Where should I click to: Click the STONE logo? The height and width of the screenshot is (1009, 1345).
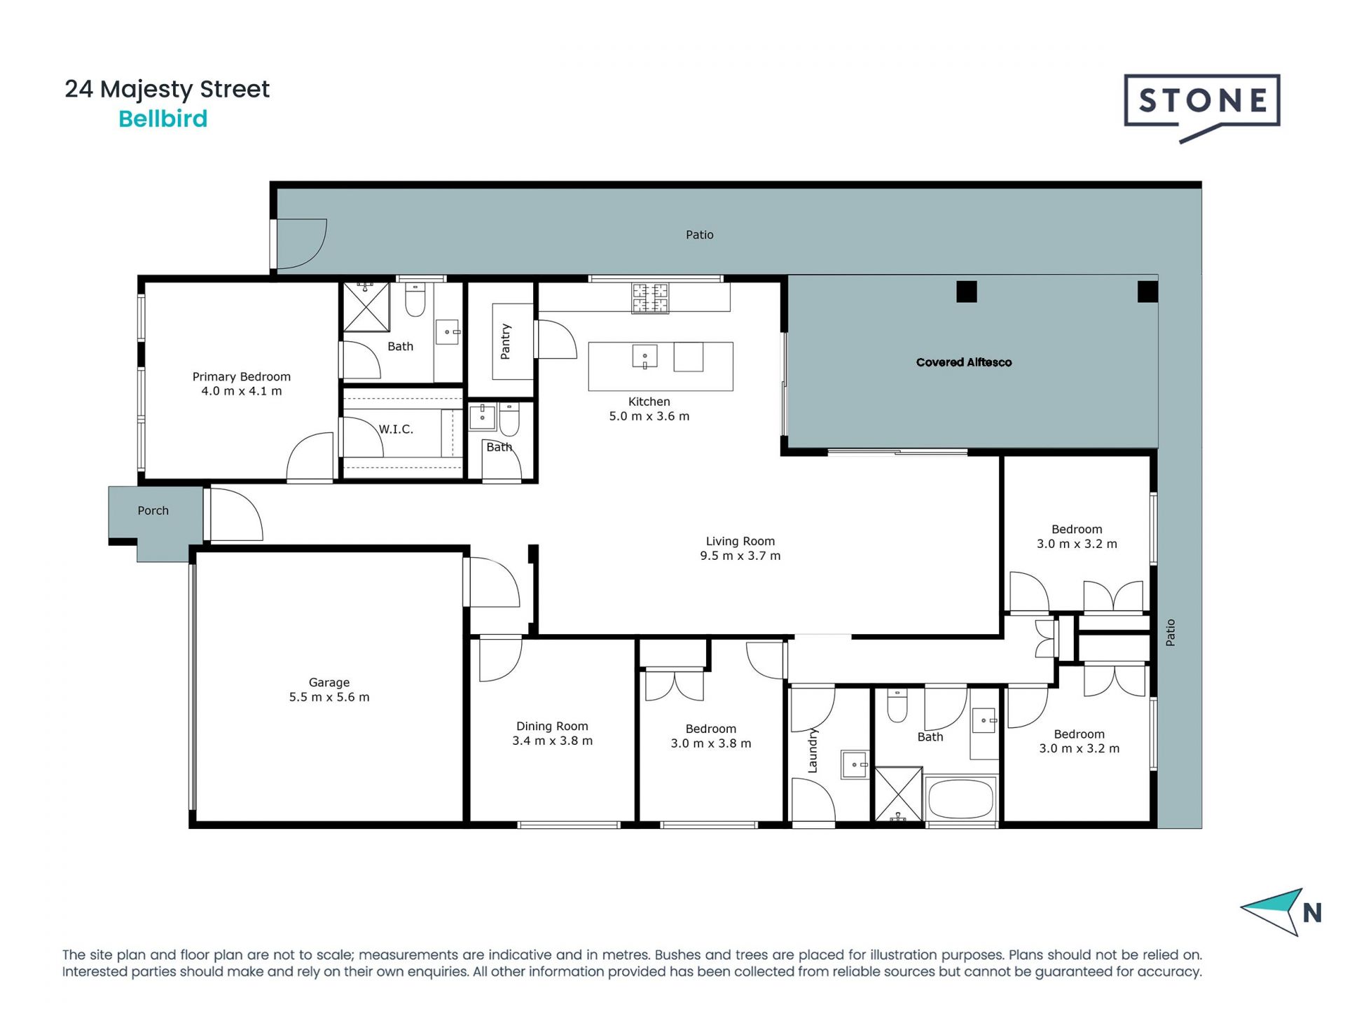click(x=1202, y=108)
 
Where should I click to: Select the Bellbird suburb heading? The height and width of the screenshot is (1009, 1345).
click(x=163, y=119)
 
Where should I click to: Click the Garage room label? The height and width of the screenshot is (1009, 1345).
click(x=329, y=682)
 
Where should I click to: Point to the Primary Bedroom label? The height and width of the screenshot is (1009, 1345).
click(x=242, y=377)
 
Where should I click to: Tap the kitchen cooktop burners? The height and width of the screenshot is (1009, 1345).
click(x=650, y=298)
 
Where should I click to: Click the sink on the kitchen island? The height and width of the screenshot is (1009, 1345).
click(x=644, y=356)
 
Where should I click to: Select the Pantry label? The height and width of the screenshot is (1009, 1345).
click(x=506, y=341)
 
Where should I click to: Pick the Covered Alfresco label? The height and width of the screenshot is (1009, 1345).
click(x=964, y=362)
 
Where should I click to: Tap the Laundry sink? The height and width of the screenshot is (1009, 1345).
click(x=855, y=764)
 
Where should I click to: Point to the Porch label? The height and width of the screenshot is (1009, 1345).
click(x=153, y=511)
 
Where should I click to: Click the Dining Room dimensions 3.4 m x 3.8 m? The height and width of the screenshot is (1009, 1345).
click(x=553, y=741)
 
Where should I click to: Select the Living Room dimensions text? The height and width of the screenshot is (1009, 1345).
click(x=740, y=556)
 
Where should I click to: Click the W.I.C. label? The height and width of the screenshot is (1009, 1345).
click(x=396, y=430)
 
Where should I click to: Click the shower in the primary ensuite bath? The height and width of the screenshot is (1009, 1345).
click(x=365, y=306)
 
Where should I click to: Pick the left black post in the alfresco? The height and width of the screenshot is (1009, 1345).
click(x=967, y=291)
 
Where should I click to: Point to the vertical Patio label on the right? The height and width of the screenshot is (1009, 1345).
click(x=1170, y=633)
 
